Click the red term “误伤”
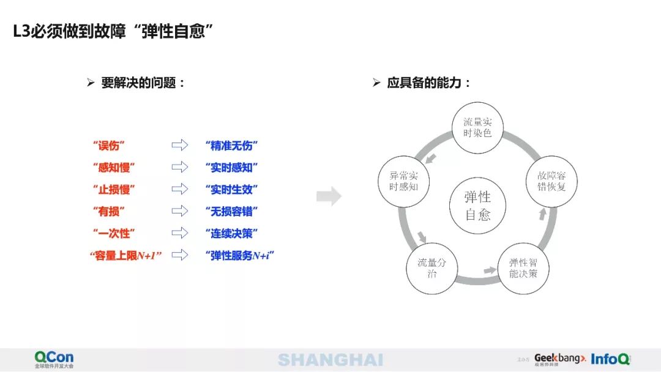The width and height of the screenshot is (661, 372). (x=108, y=146)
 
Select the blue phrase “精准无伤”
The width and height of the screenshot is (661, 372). (x=231, y=146)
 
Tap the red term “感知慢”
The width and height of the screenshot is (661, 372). (x=114, y=168)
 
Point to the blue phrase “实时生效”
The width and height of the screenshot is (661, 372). (x=231, y=190)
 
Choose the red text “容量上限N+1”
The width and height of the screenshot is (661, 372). (x=125, y=256)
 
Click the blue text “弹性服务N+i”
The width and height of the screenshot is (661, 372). (x=239, y=256)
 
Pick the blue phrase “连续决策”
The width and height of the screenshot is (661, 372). (x=231, y=234)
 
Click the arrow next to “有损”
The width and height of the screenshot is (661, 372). (x=179, y=211)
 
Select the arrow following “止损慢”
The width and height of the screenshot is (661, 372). (x=179, y=189)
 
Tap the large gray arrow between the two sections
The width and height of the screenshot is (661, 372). (x=329, y=196)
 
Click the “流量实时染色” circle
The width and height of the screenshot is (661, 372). (x=477, y=127)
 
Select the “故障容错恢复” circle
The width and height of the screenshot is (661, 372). (x=551, y=181)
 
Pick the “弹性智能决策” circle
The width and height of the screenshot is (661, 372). (x=523, y=268)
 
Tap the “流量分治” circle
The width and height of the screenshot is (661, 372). (x=431, y=268)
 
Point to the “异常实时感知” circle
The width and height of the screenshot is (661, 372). (x=403, y=181)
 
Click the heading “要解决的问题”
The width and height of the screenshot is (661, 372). (x=143, y=83)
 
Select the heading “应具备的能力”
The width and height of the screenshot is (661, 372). (x=428, y=83)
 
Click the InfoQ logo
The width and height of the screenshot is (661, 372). (x=610, y=359)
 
